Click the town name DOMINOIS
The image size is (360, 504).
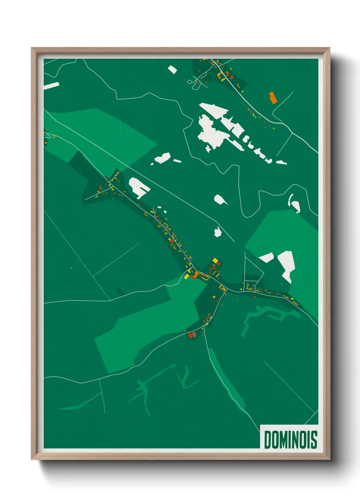coord(290,440)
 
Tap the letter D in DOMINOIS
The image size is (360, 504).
coord(267,440)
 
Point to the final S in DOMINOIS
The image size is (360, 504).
coord(314,440)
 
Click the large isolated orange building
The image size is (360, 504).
coord(273,98)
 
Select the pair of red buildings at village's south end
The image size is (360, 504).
coord(192,335)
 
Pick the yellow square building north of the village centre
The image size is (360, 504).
coord(215,261)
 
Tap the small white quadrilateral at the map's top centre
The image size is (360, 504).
coord(173,70)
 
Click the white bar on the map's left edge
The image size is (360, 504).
coord(51,86)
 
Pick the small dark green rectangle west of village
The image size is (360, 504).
coord(120,292)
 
